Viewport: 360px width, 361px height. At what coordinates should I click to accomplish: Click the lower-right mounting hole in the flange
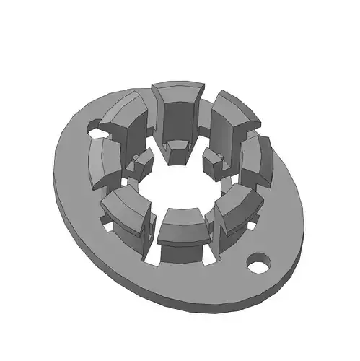point(258,261)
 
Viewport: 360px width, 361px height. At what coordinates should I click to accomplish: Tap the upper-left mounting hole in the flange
point(94,130)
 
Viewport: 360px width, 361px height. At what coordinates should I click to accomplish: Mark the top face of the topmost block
point(177,92)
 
